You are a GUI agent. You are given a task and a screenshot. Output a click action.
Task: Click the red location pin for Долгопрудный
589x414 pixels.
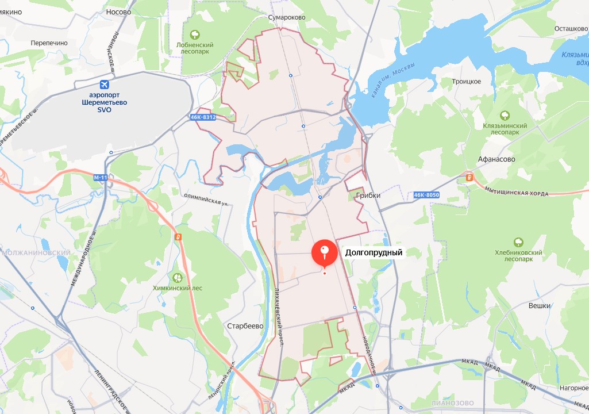tap(325, 253)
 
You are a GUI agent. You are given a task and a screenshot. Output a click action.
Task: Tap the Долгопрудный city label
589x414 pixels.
tap(374, 252)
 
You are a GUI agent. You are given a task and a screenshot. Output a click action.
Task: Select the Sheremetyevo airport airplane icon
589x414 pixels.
tap(104, 85)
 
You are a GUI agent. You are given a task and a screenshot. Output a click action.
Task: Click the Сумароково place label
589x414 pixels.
tap(287, 18)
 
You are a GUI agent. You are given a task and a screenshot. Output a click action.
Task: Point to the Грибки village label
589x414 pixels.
tap(368, 195)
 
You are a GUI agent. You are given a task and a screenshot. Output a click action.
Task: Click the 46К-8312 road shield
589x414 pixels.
tap(203, 117)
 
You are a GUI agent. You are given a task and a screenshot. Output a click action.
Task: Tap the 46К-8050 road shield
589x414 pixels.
tap(426, 195)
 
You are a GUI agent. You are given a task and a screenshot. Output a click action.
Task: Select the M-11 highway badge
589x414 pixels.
tap(100, 178)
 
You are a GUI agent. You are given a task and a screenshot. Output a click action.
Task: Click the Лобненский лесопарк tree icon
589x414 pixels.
tap(195, 34)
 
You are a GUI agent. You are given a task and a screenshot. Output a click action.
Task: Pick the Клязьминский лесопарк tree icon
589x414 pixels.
tap(505, 115)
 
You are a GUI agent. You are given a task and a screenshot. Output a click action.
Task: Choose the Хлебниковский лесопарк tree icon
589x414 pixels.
tap(518, 242)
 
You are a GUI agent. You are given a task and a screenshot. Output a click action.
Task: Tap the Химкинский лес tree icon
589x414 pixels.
tap(178, 278)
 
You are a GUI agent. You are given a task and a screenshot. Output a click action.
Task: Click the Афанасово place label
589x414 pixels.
tap(496, 159)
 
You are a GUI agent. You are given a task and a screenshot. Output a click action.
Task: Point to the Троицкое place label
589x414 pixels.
tap(466, 82)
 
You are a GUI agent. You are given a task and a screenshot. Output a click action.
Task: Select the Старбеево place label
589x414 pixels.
tap(245, 326)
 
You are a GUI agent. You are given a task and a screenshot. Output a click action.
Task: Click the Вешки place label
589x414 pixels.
tap(540, 306)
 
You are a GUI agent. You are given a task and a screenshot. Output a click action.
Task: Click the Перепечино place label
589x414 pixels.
tap(49, 43)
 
